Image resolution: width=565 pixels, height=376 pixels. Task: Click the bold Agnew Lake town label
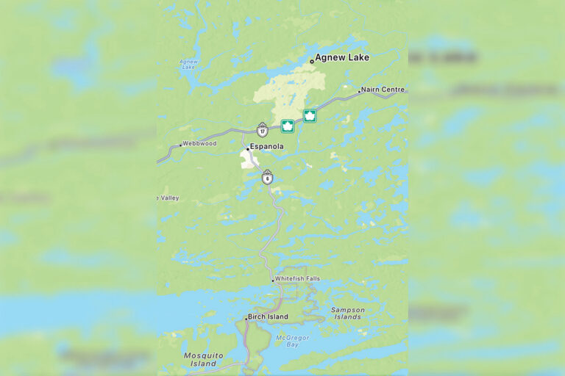pyautogui.click(x=342, y=57)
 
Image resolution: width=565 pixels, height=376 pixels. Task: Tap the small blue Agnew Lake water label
pyautogui.click(x=188, y=66)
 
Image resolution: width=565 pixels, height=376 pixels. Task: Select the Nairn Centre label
pyautogui.click(x=383, y=90)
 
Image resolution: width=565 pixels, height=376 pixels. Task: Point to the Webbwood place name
pyautogui.click(x=199, y=143)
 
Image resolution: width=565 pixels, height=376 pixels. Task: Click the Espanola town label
pyautogui.click(x=266, y=147)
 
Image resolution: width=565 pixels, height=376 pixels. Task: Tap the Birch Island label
pyautogui.click(x=268, y=317)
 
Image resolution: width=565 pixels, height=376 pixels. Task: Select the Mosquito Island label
pyautogui.click(x=203, y=359)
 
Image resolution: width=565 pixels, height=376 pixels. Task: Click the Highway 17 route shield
pyautogui.click(x=263, y=129)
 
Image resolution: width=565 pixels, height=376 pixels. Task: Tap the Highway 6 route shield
pyautogui.click(x=267, y=177)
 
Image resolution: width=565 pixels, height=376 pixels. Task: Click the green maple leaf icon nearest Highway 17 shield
pyautogui.click(x=288, y=126)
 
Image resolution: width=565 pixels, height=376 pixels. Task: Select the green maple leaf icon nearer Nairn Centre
pyautogui.click(x=310, y=115)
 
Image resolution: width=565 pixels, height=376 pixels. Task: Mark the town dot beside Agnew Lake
pyautogui.click(x=312, y=61)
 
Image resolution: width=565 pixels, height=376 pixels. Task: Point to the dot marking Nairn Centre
pyautogui.click(x=359, y=92)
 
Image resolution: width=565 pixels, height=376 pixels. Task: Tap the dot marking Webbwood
pyautogui.click(x=180, y=145)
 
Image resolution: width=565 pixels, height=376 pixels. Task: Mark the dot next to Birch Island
pyautogui.click(x=246, y=319)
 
